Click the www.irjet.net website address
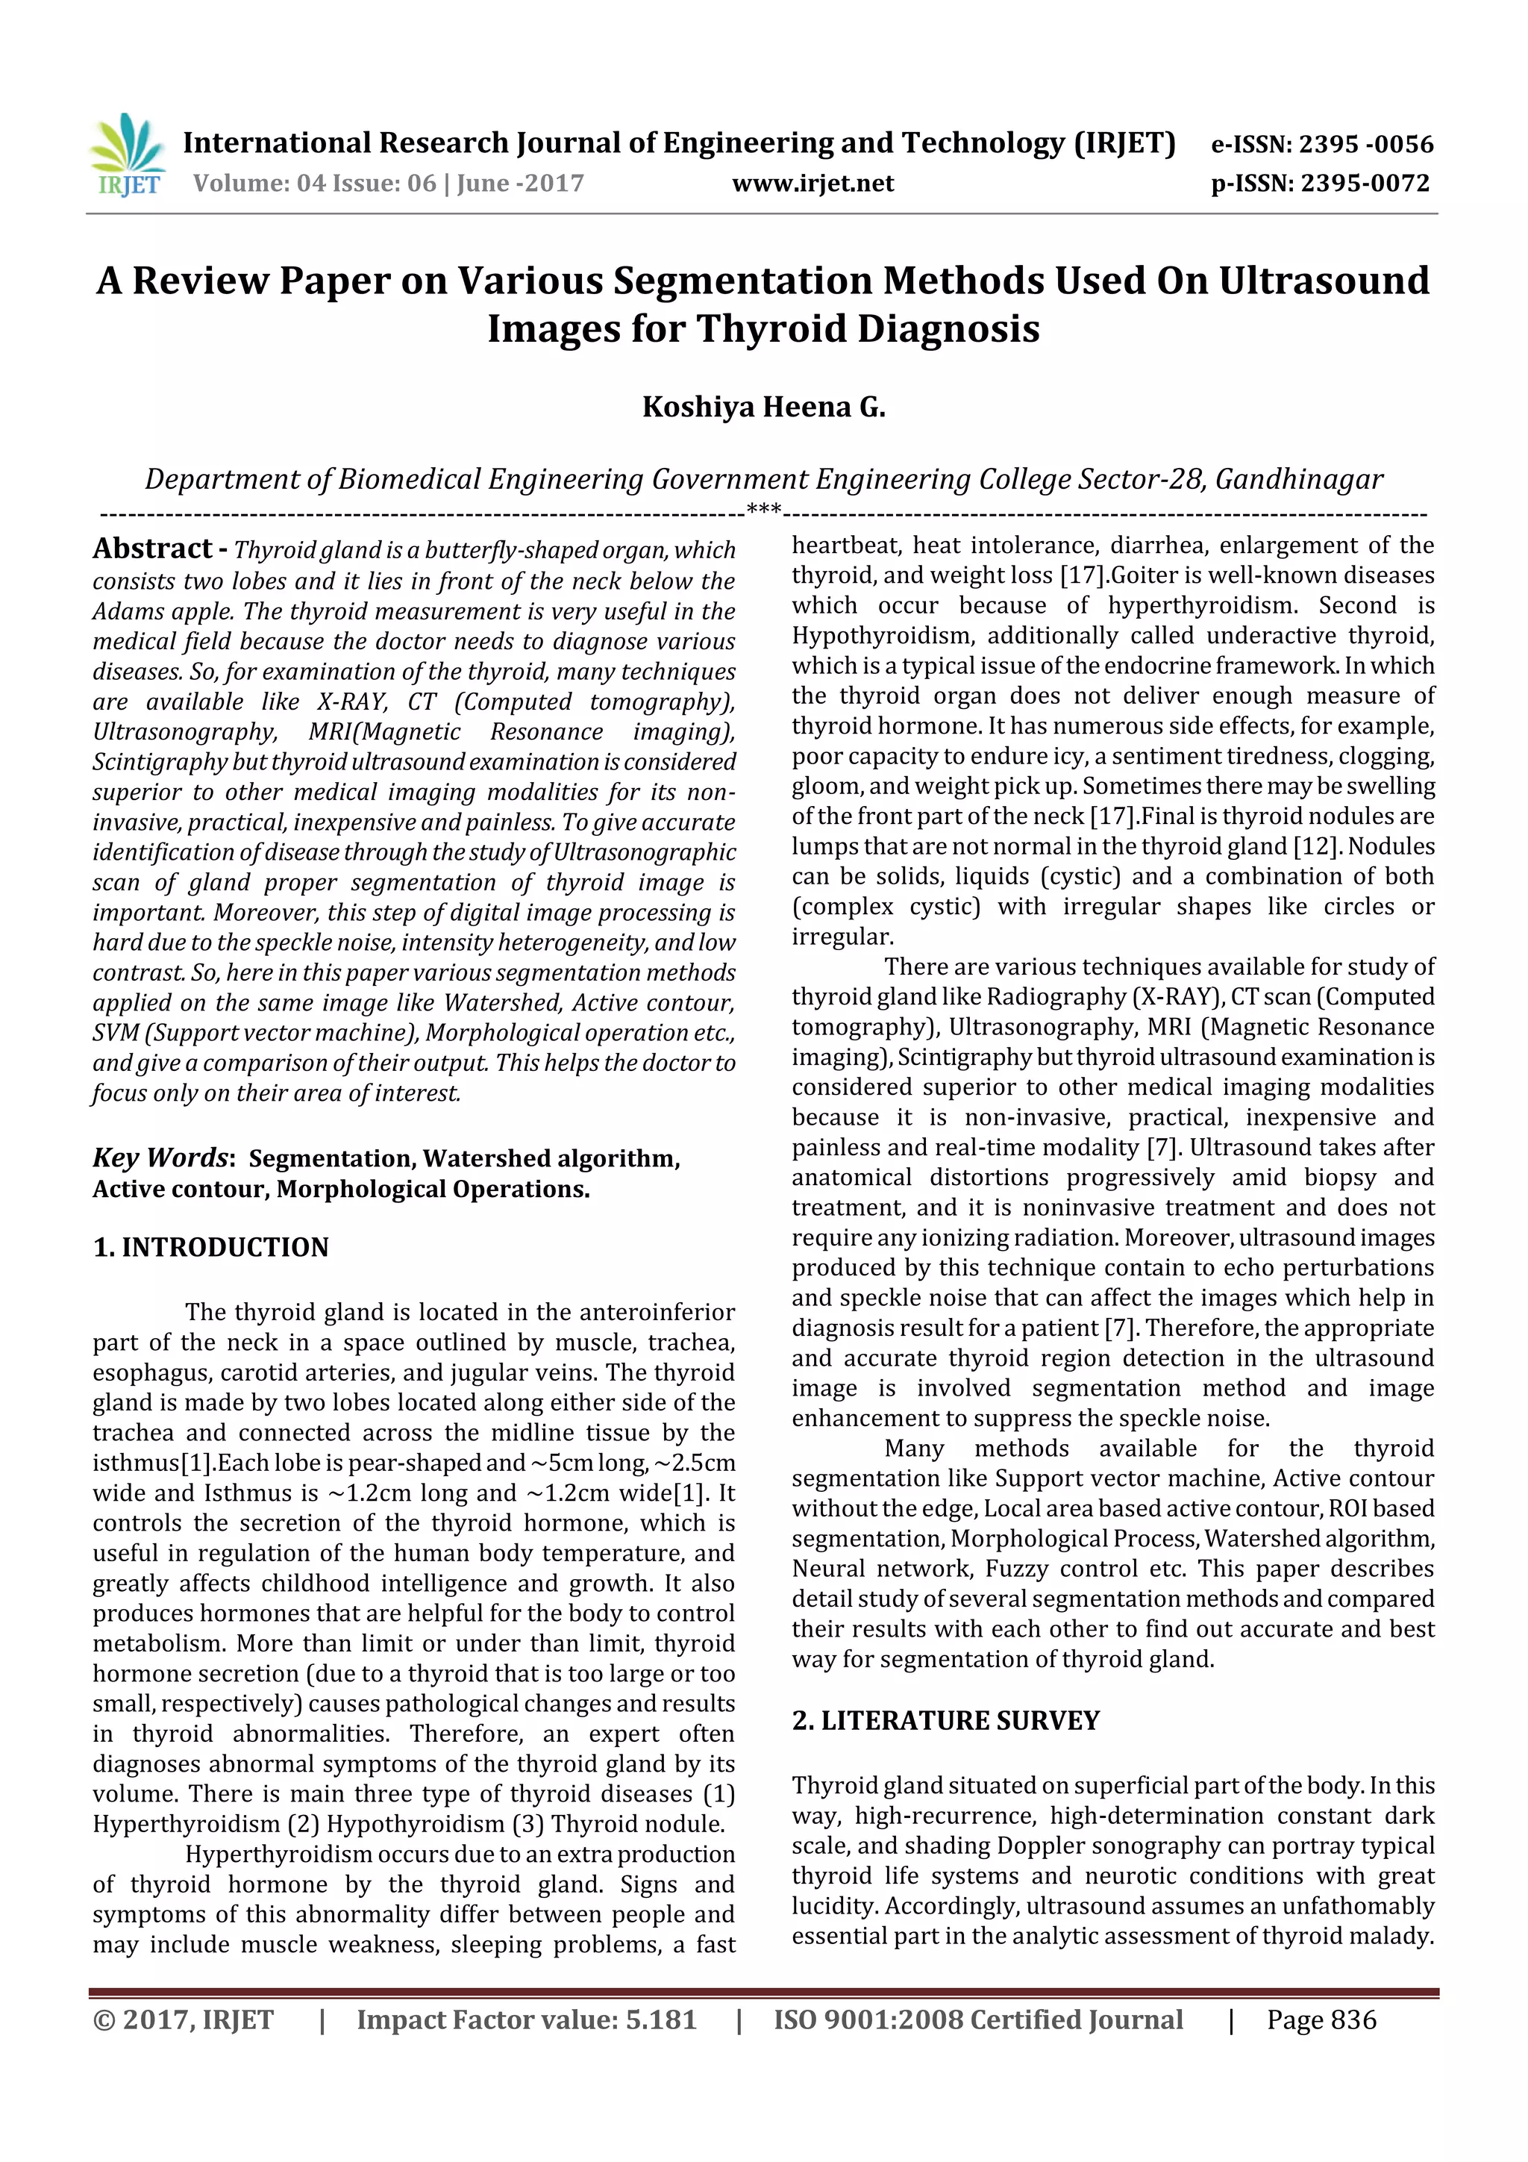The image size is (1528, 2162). click(812, 184)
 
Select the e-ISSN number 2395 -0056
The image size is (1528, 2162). click(1365, 145)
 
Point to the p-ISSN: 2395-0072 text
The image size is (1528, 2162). click(1320, 184)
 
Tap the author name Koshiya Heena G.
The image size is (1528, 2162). click(763, 407)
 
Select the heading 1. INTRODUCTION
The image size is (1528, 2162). click(211, 1248)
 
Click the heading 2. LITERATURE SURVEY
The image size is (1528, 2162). click(945, 1721)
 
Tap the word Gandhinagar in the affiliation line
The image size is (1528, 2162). click(1298, 479)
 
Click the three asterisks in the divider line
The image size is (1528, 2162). click(763, 510)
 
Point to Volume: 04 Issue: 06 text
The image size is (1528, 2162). click(314, 184)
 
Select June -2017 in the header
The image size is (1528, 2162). click(520, 184)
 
